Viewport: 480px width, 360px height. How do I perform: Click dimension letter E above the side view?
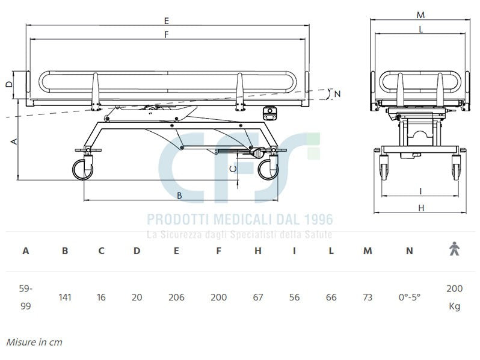[166, 20]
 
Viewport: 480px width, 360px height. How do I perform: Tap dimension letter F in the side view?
[166, 35]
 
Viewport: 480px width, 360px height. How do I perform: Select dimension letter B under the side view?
[179, 195]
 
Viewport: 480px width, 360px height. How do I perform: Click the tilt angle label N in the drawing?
[337, 93]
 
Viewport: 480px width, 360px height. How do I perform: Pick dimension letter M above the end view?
[420, 14]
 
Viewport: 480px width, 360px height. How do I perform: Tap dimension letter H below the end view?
[421, 208]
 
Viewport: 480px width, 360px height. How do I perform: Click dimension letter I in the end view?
[421, 191]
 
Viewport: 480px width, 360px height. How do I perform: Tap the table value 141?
[65, 297]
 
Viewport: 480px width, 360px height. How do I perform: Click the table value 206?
[176, 297]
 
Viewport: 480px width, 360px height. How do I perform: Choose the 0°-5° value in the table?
[410, 297]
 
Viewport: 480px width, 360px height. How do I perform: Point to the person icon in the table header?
[454, 249]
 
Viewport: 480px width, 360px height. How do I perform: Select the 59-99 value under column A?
[25, 297]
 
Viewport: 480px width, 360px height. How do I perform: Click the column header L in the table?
[331, 251]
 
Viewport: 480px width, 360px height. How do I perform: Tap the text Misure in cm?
[34, 342]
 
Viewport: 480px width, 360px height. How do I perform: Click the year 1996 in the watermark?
[314, 220]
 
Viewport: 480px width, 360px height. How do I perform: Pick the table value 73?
[368, 297]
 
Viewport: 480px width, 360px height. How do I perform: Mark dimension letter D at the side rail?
[8, 84]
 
